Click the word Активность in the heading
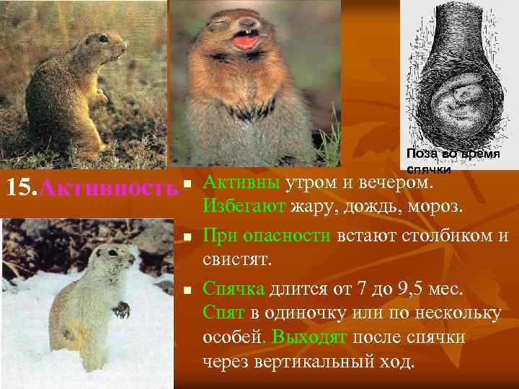(108, 189)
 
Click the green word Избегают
(246, 208)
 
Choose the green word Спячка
(234, 290)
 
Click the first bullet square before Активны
(187, 186)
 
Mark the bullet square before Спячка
(187, 290)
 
